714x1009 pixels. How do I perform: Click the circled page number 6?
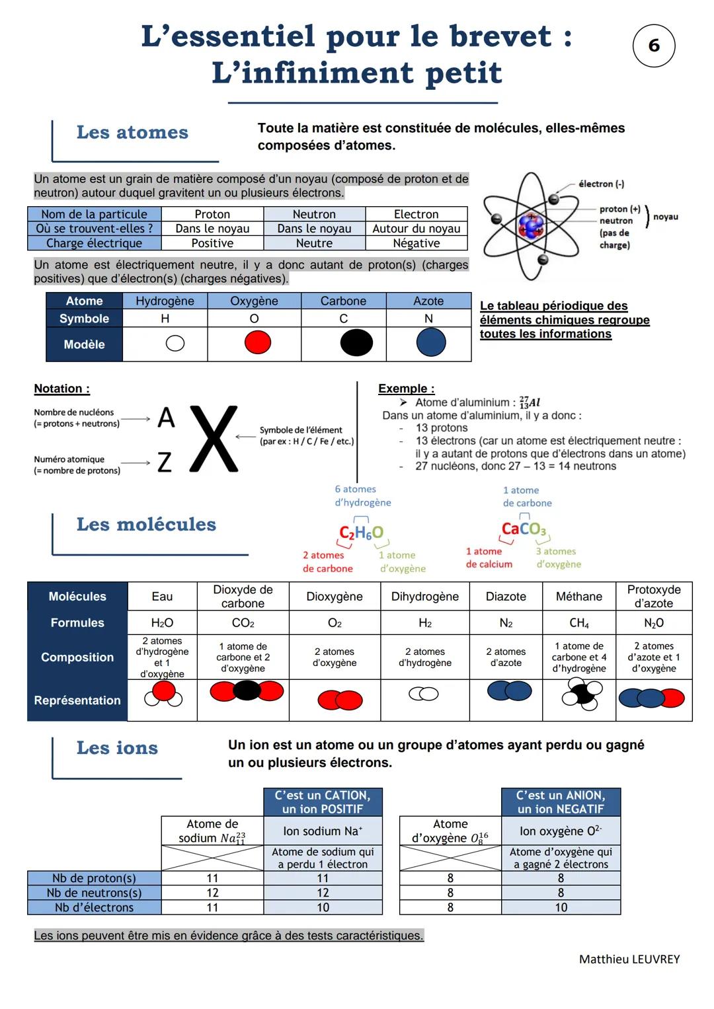[654, 46]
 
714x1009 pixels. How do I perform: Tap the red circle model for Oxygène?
[258, 343]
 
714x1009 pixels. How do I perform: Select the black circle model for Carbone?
[356, 343]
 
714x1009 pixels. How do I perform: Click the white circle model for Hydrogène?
[175, 344]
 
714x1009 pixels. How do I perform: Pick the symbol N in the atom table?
[428, 318]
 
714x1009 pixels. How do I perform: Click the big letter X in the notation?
[214, 439]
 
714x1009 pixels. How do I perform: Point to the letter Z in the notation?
[165, 463]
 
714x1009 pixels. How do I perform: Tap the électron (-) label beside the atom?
[601, 184]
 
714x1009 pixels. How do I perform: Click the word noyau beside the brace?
[665, 217]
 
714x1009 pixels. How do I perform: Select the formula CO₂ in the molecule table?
[243, 623]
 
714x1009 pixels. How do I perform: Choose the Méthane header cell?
[578, 597]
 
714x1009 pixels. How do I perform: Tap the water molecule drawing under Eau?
[163, 694]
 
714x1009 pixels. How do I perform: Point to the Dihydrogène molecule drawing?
[424, 694]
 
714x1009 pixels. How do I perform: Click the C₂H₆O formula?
[361, 533]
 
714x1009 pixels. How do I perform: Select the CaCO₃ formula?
[524, 529]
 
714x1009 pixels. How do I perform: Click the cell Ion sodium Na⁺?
[323, 831]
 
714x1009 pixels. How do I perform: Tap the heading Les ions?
[117, 748]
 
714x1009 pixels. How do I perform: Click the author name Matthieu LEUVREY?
[629, 959]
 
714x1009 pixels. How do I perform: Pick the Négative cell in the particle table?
[416, 243]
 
